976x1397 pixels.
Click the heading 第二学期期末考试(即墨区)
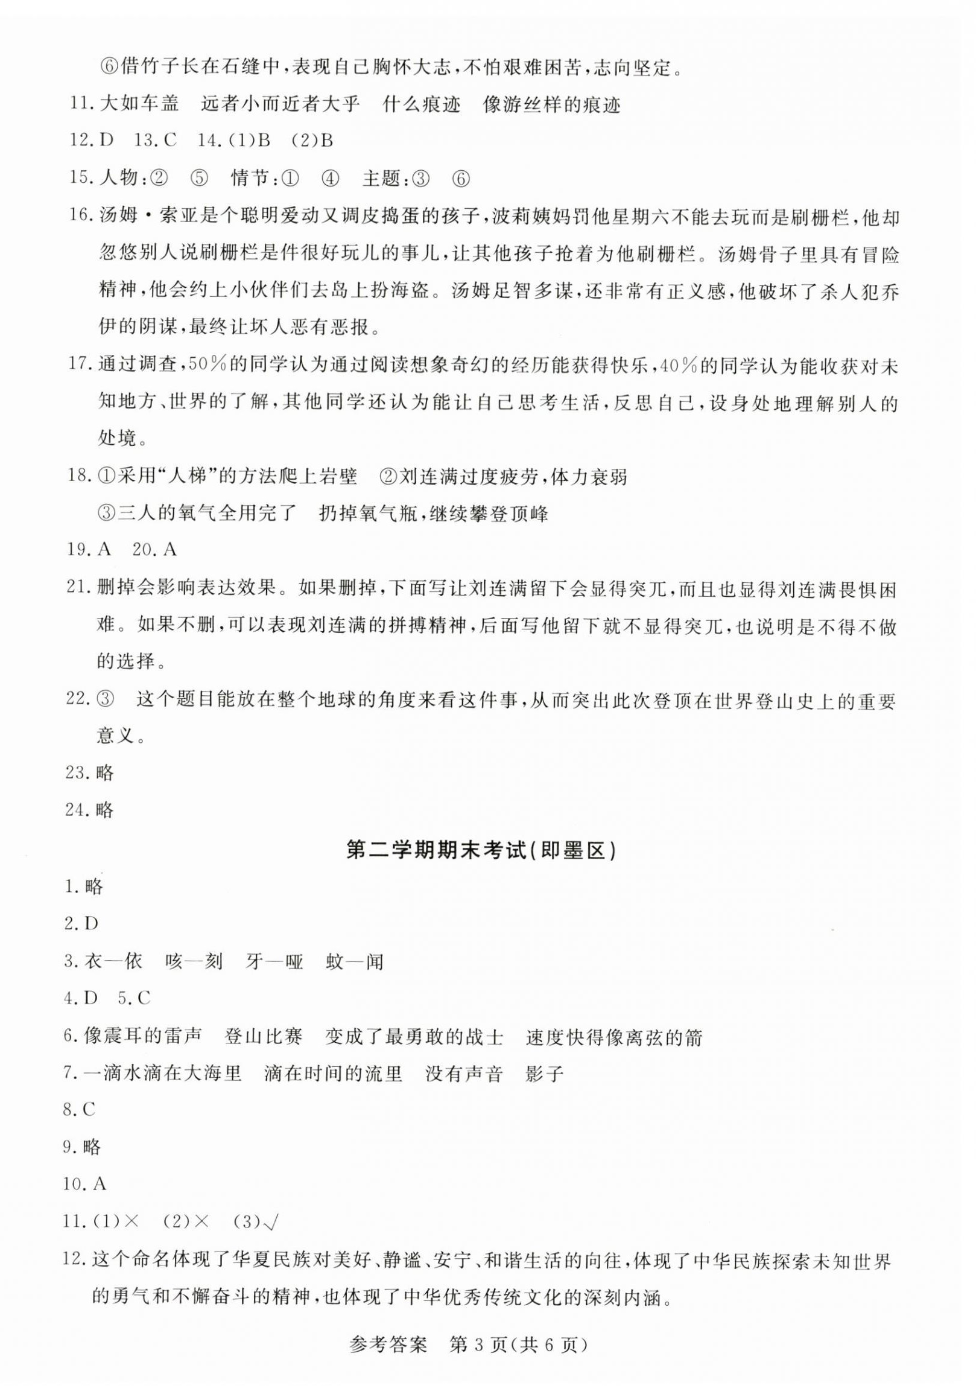click(480, 851)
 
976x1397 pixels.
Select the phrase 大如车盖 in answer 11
click(139, 104)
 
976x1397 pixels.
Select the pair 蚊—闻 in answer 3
click(355, 961)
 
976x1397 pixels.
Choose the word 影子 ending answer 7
click(544, 1074)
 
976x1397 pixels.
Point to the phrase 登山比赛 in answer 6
click(264, 1036)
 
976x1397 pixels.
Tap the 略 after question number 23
click(105, 773)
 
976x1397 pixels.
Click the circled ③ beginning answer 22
click(105, 701)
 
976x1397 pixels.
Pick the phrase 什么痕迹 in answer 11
click(422, 104)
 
